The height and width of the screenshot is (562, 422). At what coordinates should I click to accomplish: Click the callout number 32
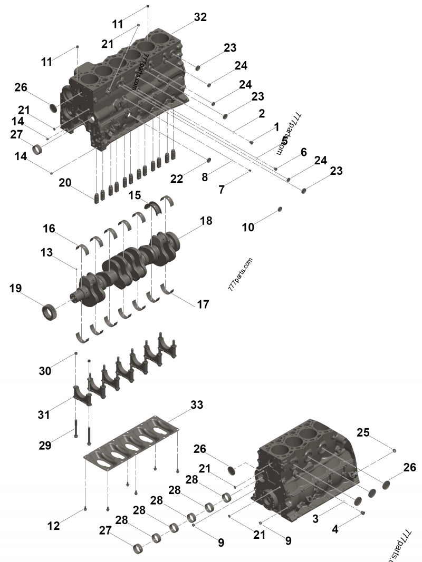click(200, 17)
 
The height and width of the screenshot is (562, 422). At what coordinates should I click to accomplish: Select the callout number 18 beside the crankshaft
click(206, 221)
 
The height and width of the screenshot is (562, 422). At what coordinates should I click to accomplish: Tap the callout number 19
click(15, 288)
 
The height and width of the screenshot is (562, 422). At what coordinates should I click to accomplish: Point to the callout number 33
click(196, 405)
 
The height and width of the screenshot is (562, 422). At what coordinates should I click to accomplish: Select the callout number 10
click(248, 227)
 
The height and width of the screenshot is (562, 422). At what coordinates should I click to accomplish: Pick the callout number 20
click(65, 182)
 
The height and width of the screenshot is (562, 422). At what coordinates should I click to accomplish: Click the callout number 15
click(135, 195)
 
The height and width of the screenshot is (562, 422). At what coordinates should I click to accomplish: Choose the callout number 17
click(203, 304)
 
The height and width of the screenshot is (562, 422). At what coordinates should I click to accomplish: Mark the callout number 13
click(47, 252)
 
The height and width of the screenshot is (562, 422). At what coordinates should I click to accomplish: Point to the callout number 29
click(45, 445)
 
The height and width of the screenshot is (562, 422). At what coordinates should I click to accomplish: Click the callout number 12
click(54, 526)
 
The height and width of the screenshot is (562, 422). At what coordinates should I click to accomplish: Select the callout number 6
click(303, 152)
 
